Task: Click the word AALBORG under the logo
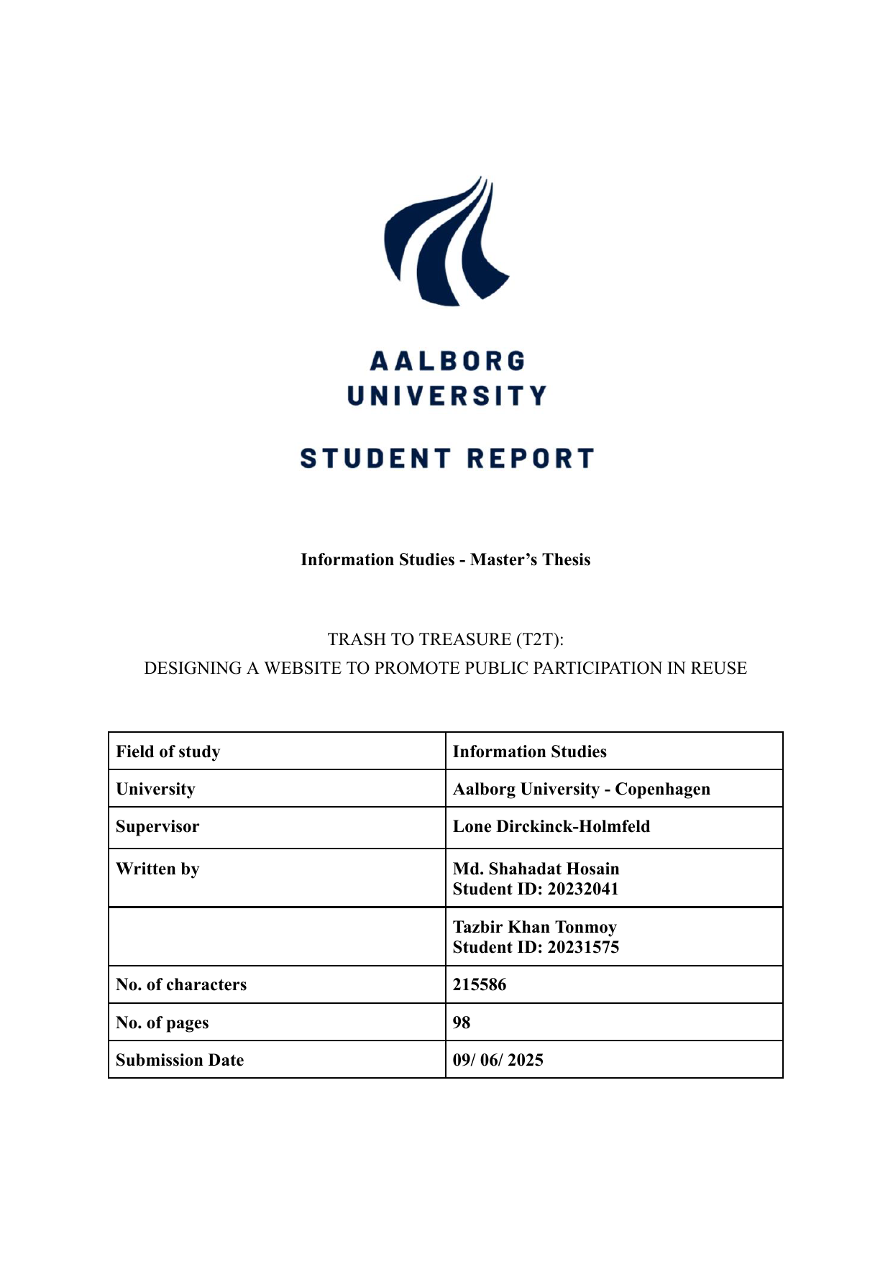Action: pyautogui.click(x=447, y=361)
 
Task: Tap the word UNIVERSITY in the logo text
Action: pyautogui.click(x=447, y=395)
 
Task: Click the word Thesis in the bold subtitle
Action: pyautogui.click(x=567, y=559)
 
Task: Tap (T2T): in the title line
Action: pyautogui.click(x=539, y=639)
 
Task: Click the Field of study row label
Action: pyautogui.click(x=168, y=751)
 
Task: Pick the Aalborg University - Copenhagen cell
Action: pyautogui.click(x=581, y=789)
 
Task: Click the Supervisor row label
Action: pyautogui.click(x=157, y=826)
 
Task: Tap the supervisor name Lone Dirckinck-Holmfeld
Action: pyautogui.click(x=551, y=826)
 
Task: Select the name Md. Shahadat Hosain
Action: pyautogui.click(x=536, y=869)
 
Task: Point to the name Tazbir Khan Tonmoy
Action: pyautogui.click(x=534, y=927)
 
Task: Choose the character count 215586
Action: pyautogui.click(x=480, y=984)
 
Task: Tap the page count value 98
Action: pyautogui.click(x=462, y=1023)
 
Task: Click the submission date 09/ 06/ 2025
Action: pyautogui.click(x=498, y=1060)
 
